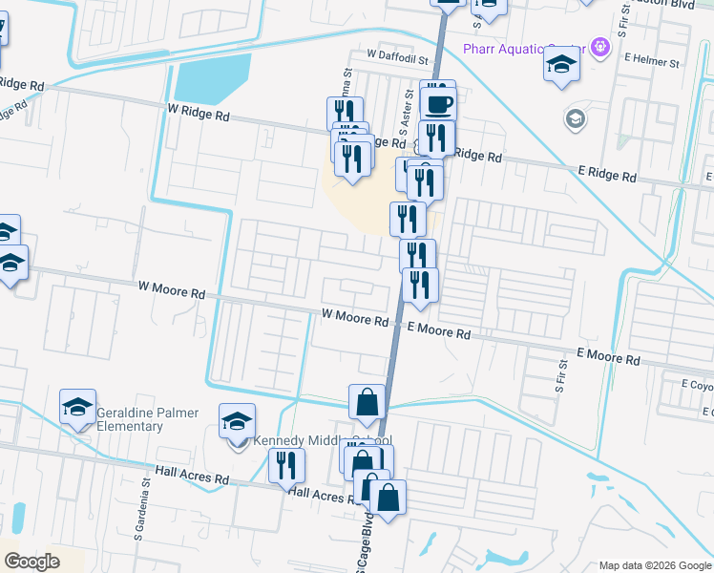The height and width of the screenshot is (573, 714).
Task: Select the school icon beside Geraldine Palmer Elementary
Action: pyautogui.click(x=77, y=408)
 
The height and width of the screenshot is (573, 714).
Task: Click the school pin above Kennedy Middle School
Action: pyautogui.click(x=238, y=419)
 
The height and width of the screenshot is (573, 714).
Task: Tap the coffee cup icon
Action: pyautogui.click(x=438, y=103)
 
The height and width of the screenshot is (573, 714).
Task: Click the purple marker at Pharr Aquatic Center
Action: pyautogui.click(x=599, y=45)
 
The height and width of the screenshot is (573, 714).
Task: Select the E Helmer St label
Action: pyautogui.click(x=651, y=62)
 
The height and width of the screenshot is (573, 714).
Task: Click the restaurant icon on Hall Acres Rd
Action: pyautogui.click(x=286, y=466)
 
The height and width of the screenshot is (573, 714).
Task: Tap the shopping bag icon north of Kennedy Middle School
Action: pyautogui.click(x=367, y=402)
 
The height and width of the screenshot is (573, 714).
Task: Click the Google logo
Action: pyautogui.click(x=32, y=561)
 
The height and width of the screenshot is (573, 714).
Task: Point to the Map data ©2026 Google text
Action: pyautogui.click(x=655, y=565)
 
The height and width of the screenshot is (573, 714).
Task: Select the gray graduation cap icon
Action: pyautogui.click(x=575, y=119)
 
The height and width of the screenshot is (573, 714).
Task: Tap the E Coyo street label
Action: pyautogui.click(x=697, y=385)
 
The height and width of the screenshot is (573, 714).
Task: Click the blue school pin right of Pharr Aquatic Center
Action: pyautogui.click(x=562, y=66)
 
